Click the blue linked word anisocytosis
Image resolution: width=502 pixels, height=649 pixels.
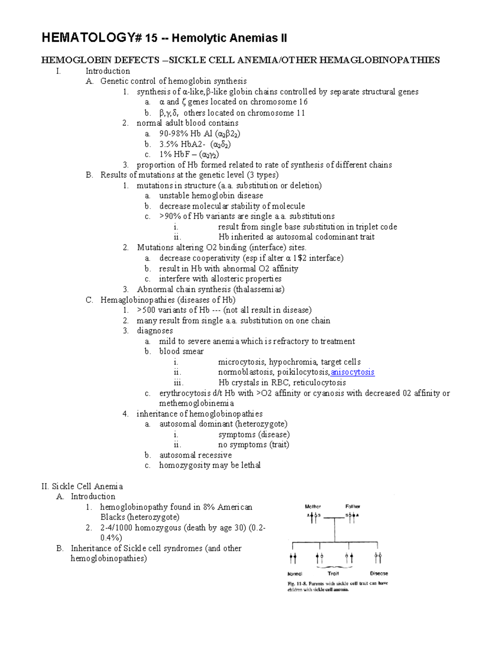tap(352, 372)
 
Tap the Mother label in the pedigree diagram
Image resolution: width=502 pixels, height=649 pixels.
tap(312, 506)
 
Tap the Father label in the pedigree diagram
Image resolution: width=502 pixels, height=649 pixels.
tap(353, 506)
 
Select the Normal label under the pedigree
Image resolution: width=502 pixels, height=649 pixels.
tap(295, 574)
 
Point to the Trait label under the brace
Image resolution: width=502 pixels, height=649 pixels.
tap(333, 574)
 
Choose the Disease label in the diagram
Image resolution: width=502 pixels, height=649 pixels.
tap(379, 574)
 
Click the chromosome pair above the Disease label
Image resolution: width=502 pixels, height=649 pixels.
tap(378, 558)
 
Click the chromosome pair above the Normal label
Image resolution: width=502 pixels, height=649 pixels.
tap(293, 558)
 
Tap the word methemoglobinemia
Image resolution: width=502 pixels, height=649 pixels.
tap(196, 403)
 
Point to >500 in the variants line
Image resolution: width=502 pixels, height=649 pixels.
tap(146, 310)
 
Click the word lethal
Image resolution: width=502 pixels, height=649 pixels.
tap(251, 465)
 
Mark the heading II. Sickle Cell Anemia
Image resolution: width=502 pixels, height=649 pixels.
tap(82, 486)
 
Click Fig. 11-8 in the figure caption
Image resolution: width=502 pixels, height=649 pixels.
tap(297, 583)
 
